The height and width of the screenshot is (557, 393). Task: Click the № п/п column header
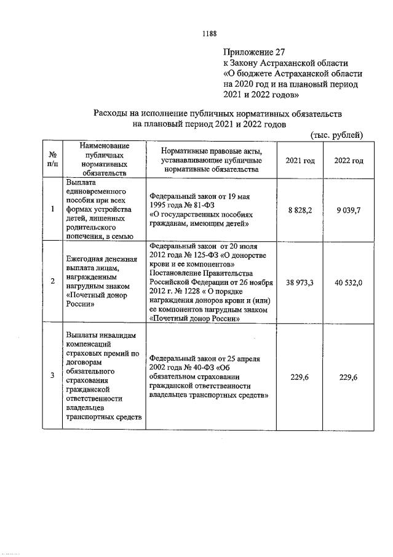(53, 160)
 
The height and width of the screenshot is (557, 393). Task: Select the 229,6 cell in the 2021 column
(300, 377)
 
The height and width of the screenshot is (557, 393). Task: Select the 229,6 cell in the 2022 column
(349, 377)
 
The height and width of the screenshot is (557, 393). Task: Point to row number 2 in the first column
(53, 282)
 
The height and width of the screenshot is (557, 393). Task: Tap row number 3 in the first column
(53, 377)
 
